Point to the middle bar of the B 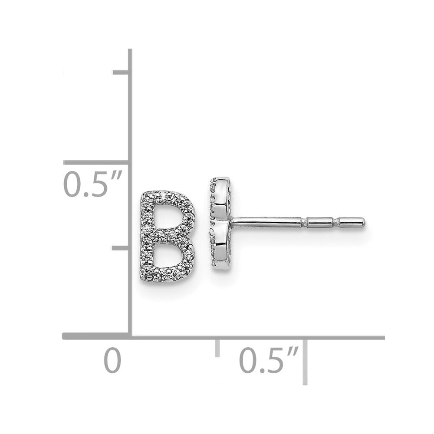[167, 237]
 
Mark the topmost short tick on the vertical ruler [120, 72]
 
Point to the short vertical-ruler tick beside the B [120, 248]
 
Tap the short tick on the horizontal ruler [217, 349]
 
